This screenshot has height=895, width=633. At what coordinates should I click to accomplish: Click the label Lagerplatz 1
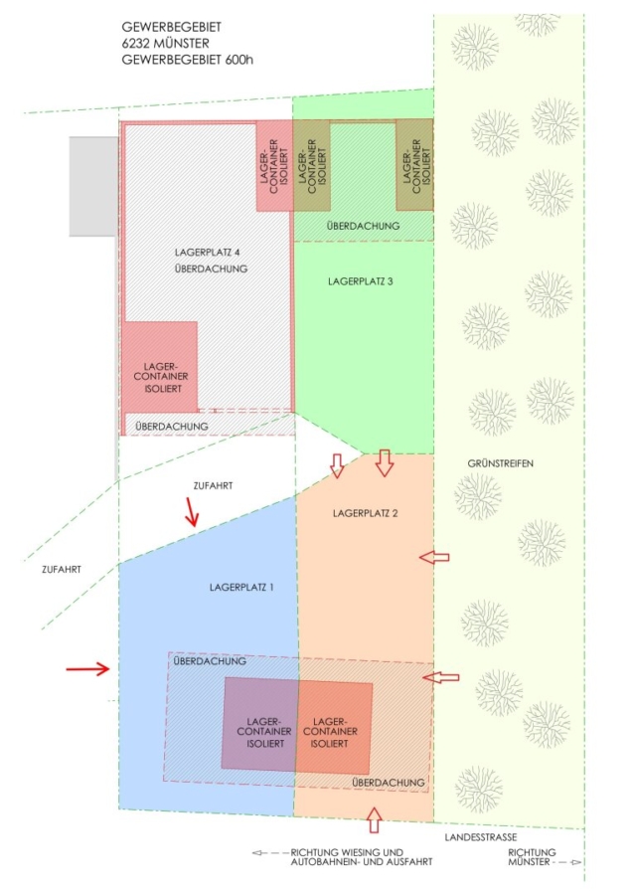pos(241,588)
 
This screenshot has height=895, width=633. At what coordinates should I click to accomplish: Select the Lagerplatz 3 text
pos(361,281)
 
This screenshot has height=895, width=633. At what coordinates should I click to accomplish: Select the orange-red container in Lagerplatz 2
pos(335,727)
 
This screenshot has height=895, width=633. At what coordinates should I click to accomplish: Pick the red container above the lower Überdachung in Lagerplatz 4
pos(161,365)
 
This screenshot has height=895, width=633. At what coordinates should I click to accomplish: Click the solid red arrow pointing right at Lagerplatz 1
pos(88,669)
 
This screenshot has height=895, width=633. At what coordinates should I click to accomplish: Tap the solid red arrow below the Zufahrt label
pos(191,513)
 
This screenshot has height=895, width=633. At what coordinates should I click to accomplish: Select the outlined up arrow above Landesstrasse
pos(374,819)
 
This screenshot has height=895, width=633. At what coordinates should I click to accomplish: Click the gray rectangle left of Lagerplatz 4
pos(93,184)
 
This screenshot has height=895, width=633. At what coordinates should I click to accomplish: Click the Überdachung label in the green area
pos(364,227)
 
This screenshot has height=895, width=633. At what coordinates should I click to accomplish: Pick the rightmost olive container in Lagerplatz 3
pos(414,164)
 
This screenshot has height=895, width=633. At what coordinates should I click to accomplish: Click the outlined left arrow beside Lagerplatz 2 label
pos(433,558)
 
